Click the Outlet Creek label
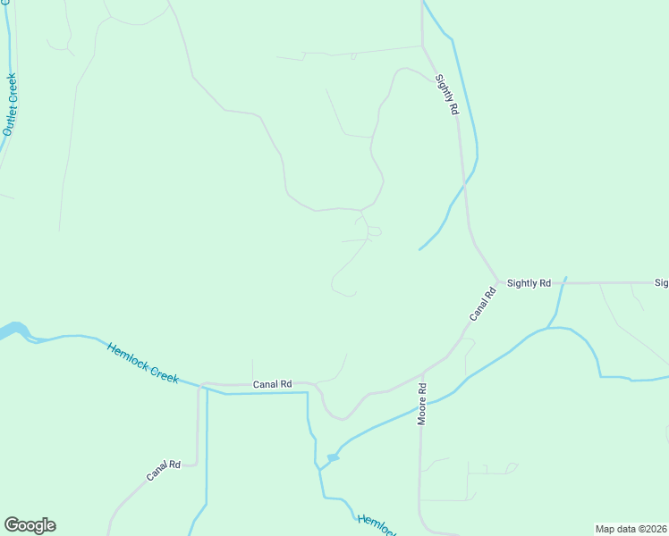click(x=10, y=105)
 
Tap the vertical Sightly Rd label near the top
click(x=447, y=94)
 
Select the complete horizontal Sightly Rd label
click(x=529, y=283)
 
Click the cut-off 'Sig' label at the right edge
click(x=661, y=283)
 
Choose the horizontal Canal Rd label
click(x=272, y=384)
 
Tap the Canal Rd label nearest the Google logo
click(x=164, y=471)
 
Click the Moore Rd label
click(x=422, y=405)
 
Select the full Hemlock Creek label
click(x=143, y=364)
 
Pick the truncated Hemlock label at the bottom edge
click(x=377, y=526)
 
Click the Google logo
click(x=30, y=525)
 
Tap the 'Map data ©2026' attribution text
click(x=631, y=529)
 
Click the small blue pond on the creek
click(x=333, y=458)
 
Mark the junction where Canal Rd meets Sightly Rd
click(x=498, y=281)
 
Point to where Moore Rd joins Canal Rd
click(x=420, y=375)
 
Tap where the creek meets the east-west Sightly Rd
click(x=563, y=283)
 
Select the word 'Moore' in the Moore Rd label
click(x=422, y=411)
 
